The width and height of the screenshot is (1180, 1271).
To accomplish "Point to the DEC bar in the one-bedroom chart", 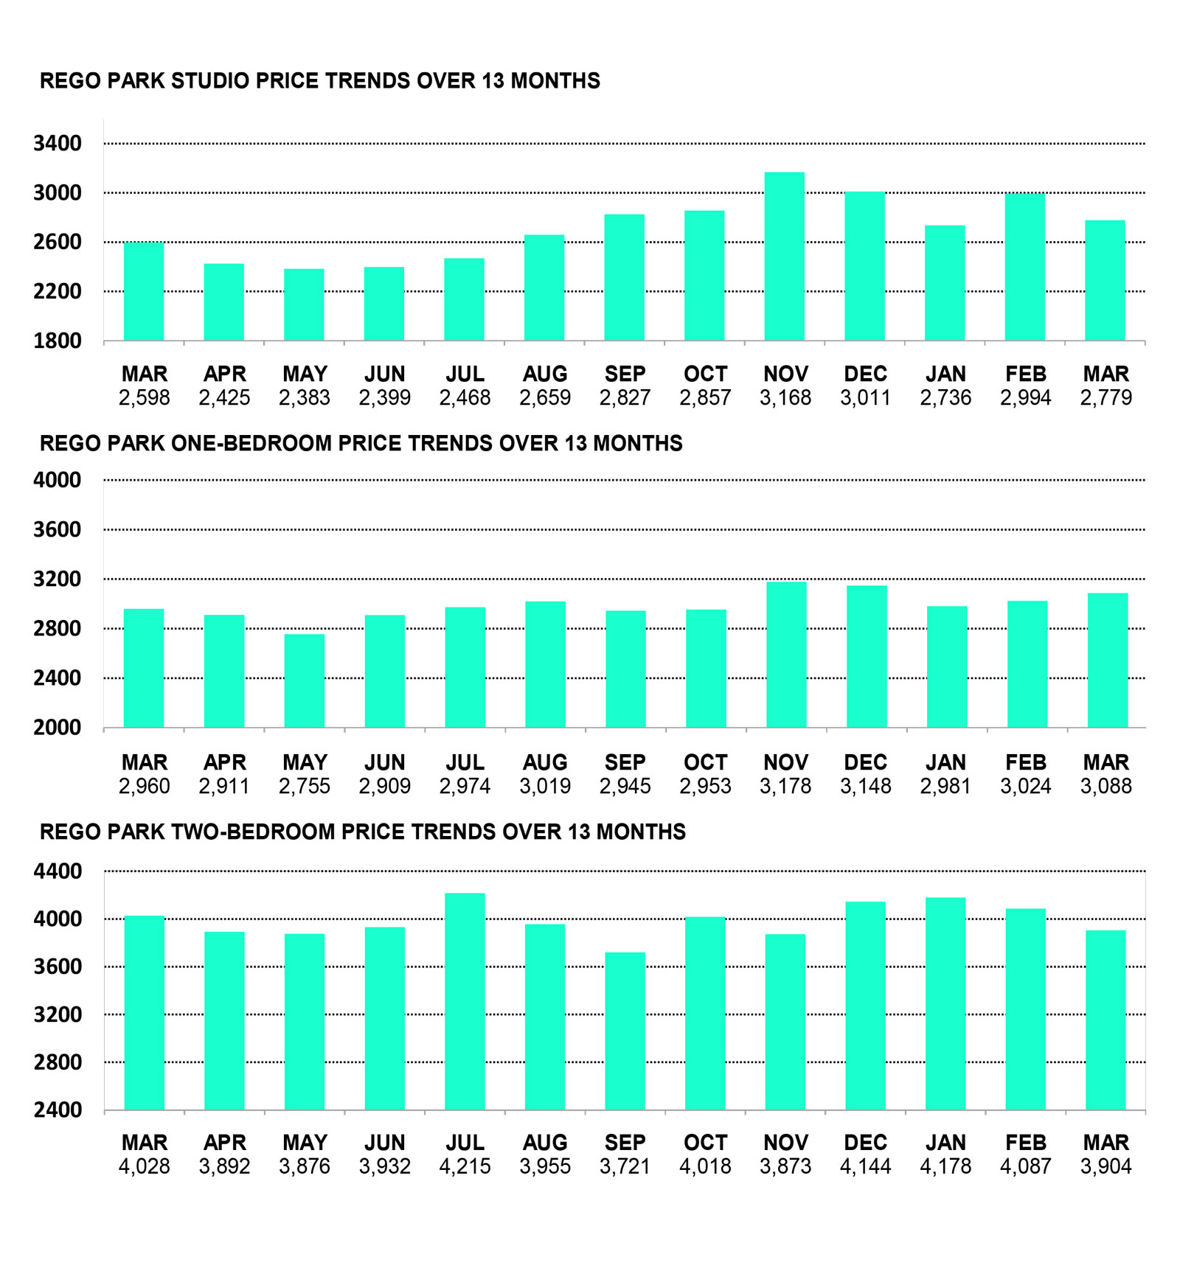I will [x=867, y=656].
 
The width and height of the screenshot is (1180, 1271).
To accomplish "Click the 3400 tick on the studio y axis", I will [x=58, y=143].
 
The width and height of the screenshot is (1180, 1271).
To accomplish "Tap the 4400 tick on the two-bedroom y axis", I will [x=58, y=871].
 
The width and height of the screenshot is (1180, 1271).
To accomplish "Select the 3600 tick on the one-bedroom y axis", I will [x=58, y=529].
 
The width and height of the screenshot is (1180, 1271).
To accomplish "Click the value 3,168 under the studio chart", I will [x=785, y=398].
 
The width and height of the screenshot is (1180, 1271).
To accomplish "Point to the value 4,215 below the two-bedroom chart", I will [x=465, y=1166].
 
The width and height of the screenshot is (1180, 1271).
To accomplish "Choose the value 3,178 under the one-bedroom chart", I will [x=785, y=786].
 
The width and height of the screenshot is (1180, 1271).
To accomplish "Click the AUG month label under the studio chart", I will [x=545, y=374].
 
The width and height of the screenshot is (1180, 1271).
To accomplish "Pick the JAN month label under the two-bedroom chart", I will [x=945, y=1143].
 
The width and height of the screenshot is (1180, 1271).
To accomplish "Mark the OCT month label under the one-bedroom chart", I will [x=705, y=762].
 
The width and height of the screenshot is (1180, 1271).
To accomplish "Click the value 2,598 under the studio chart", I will [x=145, y=398].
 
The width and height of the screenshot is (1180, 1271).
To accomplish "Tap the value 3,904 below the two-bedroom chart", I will [x=1106, y=1166].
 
